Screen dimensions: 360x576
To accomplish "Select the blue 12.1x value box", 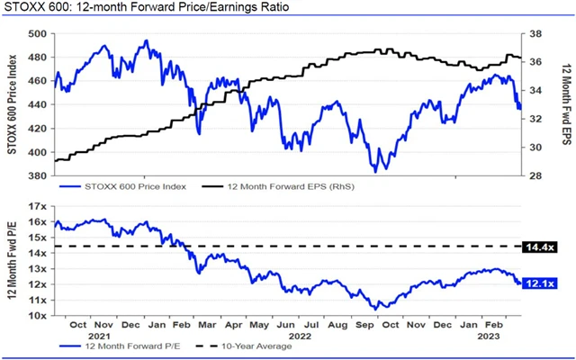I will coord(540,283).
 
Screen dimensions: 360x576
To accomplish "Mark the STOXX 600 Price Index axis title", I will coord(13,106).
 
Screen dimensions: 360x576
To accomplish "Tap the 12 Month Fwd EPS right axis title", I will coord(564,106).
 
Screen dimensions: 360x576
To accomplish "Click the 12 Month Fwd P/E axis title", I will coord(13,261).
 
